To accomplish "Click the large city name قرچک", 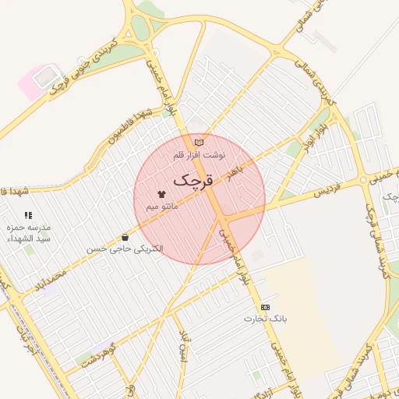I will click(x=191, y=180).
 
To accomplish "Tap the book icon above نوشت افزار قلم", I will click(x=199, y=143).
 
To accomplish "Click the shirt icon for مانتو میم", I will click(x=162, y=192).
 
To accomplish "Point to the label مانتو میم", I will click(x=162, y=206).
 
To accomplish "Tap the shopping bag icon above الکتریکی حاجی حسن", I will click(x=125, y=237).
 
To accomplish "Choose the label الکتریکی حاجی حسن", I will click(x=125, y=249).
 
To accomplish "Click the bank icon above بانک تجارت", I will click(x=266, y=307).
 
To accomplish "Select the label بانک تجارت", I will click(x=266, y=319).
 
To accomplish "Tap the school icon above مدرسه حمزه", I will click(x=28, y=214).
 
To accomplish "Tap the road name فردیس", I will click(x=307, y=191).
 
